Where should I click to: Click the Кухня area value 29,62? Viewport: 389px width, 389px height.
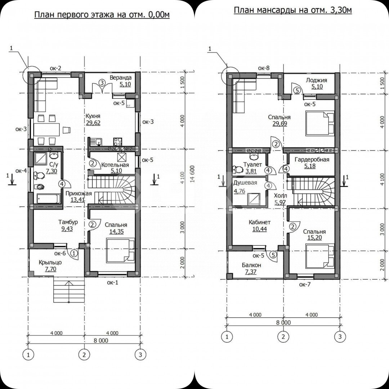click(93, 122)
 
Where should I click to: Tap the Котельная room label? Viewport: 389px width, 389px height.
click(115, 165)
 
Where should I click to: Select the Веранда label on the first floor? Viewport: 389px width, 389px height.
click(121, 78)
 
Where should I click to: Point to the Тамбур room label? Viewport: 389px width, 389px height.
click(68, 222)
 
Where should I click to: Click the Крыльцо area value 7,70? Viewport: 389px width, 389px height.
click(51, 269)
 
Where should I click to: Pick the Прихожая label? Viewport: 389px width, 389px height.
click(79, 193)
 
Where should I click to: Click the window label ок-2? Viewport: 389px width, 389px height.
click(55, 68)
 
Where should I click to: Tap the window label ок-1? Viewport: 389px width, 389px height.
click(112, 282)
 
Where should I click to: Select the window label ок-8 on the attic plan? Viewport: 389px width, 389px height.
click(264, 68)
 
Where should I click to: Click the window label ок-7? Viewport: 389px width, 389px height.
click(305, 285)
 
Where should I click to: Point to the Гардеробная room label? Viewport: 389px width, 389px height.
click(312, 160)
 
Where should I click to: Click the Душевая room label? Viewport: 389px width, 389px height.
click(245, 183)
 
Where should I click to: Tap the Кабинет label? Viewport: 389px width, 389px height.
click(259, 222)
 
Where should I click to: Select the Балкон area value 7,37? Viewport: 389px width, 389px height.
click(250, 272)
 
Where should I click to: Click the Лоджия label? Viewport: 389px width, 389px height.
click(316, 80)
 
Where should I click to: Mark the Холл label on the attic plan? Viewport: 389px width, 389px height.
click(280, 196)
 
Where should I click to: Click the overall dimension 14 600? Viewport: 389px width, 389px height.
click(192, 174)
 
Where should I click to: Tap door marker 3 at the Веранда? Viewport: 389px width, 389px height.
click(102, 83)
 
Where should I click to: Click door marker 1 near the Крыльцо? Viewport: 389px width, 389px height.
click(74, 253)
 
